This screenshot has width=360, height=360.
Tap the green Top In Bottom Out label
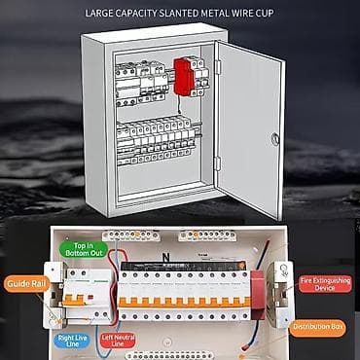[81, 248]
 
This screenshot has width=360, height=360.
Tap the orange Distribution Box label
[318, 327]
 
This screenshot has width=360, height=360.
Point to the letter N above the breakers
[164, 258]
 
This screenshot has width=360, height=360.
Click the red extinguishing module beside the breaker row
[258, 292]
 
